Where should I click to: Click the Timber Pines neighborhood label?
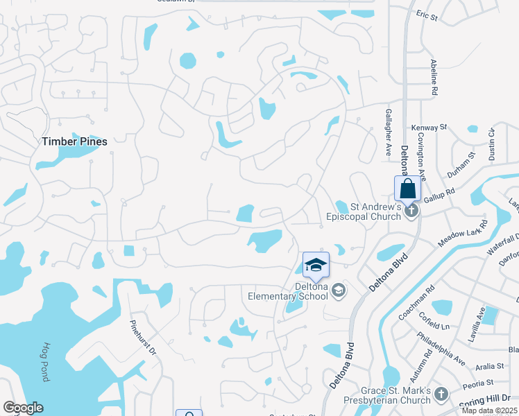[74, 141]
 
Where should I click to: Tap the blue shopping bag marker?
[408, 189]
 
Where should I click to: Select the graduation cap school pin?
[316, 265]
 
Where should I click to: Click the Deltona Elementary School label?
[288, 292]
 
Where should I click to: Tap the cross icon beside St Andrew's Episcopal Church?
[411, 210]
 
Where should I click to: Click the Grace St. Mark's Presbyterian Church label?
[386, 395]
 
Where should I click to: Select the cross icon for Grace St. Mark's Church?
[441, 395]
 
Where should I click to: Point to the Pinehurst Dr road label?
[143, 337]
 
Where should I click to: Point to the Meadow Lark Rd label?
[463, 234]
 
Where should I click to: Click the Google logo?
[23, 408]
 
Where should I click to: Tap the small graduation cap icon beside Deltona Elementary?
[338, 291]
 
